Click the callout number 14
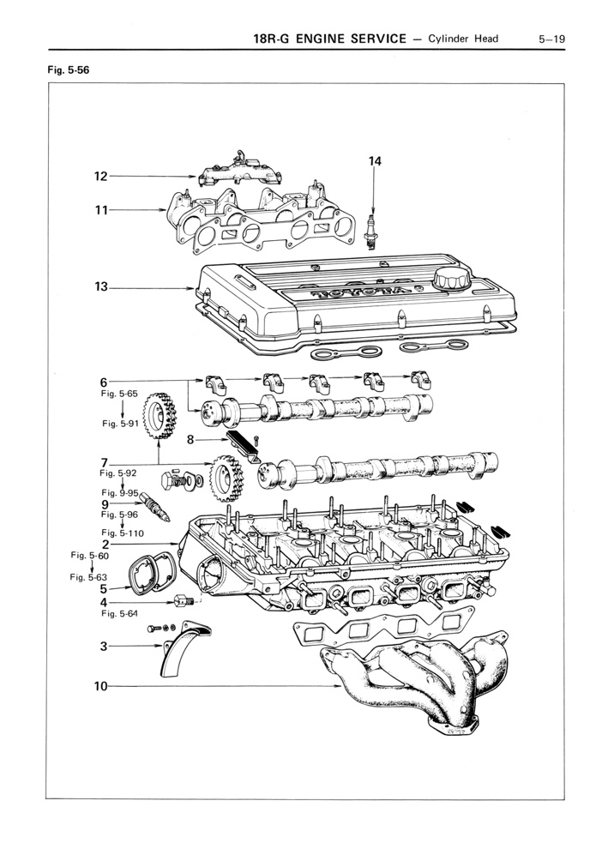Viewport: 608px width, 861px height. click(x=375, y=160)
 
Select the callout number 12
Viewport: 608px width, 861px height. click(x=101, y=177)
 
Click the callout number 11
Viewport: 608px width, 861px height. click(x=101, y=209)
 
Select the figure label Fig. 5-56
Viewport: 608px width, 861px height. click(x=68, y=70)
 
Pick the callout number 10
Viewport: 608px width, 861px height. click(x=101, y=686)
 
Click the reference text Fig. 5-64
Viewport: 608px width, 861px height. click(x=119, y=613)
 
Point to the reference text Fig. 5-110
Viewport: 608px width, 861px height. click(x=123, y=533)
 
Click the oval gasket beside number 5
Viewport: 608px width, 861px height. click(x=147, y=575)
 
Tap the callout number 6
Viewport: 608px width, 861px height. click(x=104, y=382)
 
